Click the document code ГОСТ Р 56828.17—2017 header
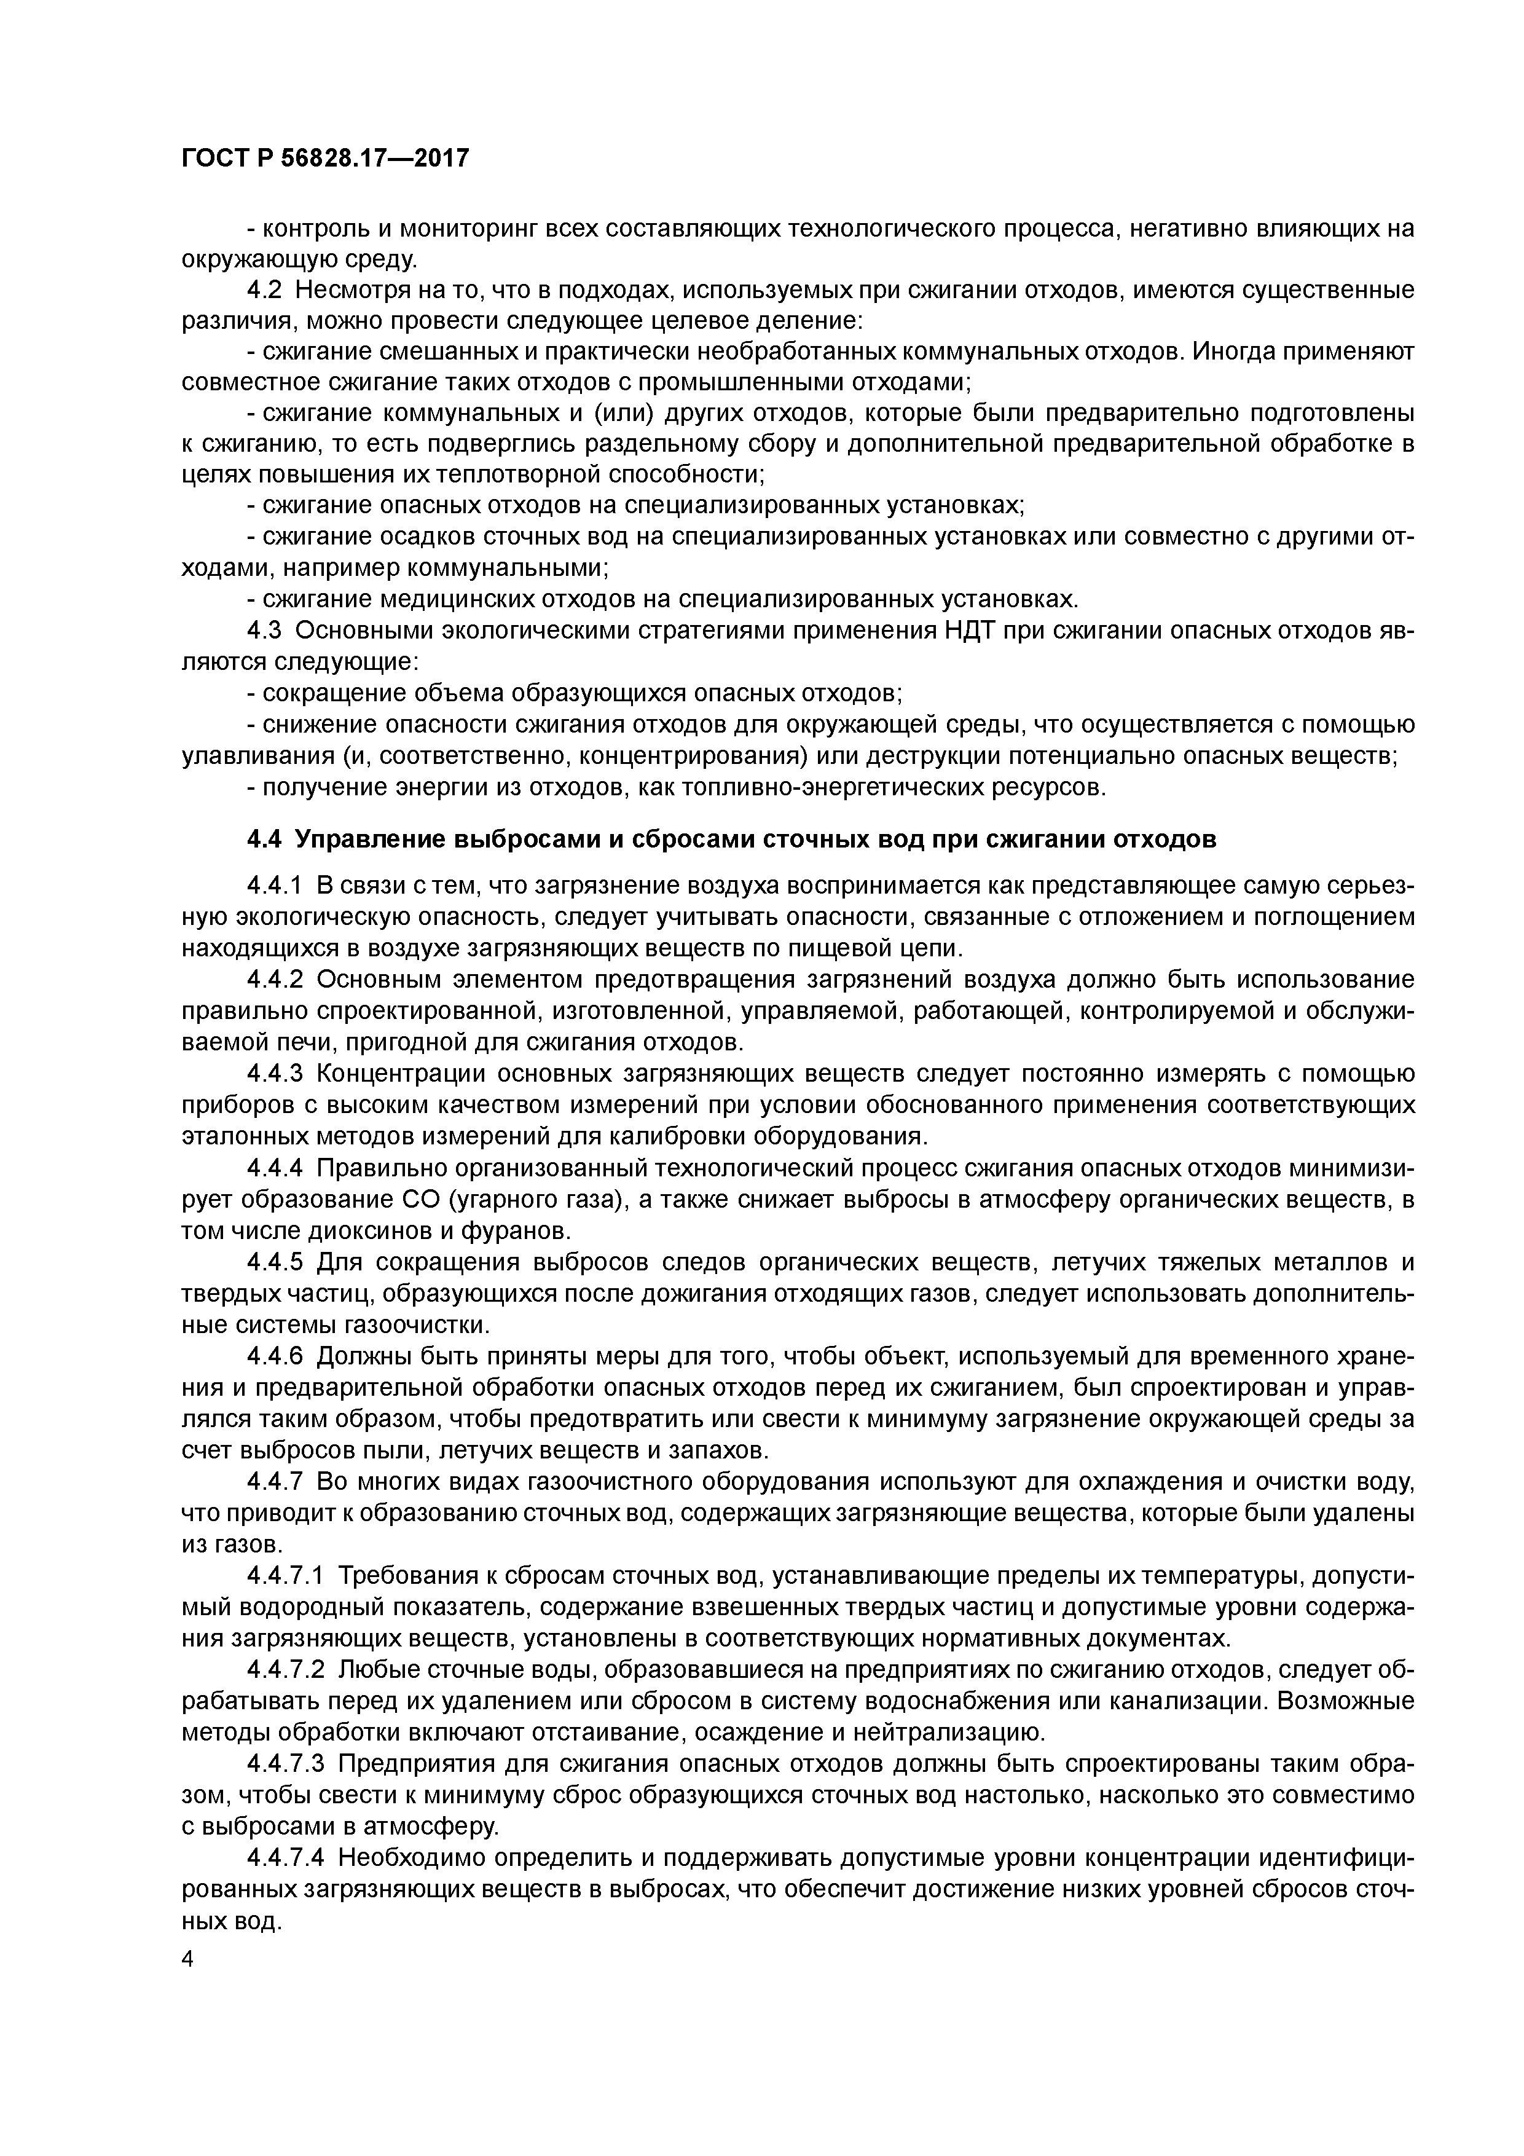(x=325, y=159)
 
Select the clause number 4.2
(x=265, y=289)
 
